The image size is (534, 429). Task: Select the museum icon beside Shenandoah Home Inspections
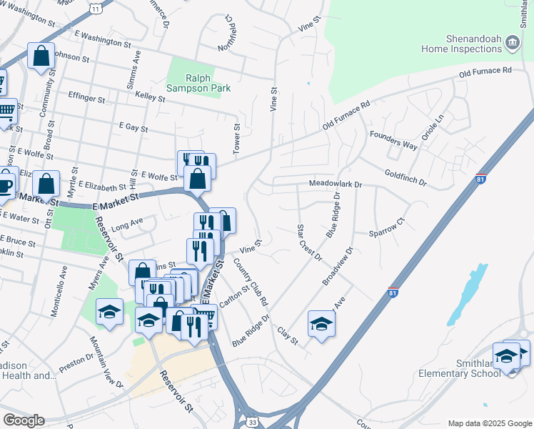[512, 44]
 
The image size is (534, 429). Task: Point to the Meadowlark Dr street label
[336, 184]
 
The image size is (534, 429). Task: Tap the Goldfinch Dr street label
[405, 178]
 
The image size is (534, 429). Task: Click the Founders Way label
[393, 139]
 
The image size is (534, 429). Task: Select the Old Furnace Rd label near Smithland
[485, 72]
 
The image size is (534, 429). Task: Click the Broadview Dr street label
[338, 267]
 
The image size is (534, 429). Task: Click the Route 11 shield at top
[96, 6]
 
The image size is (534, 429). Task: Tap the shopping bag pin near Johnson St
[41, 55]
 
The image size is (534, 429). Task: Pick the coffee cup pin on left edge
[4, 183]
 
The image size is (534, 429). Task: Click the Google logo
[24, 420]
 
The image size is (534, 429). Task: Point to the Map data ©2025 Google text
[489, 423]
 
